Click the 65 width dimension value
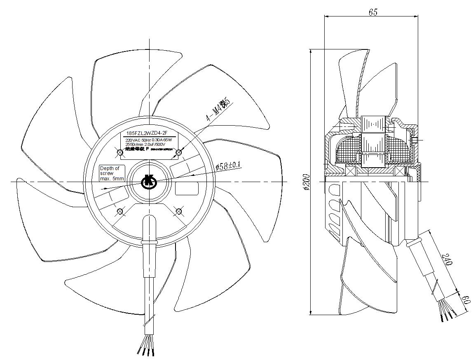coord(373,12)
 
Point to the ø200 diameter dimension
coord(306,181)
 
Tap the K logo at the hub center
coord(148,181)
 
